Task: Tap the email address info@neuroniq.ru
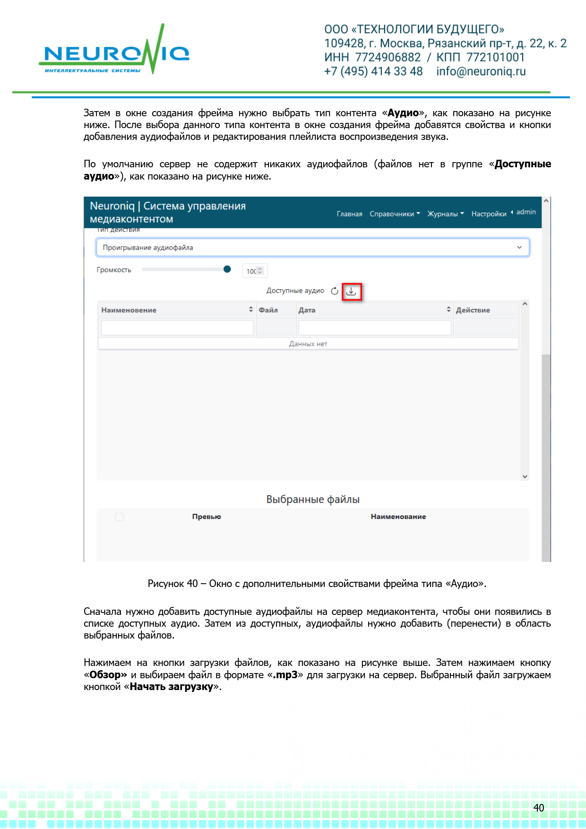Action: coord(481,71)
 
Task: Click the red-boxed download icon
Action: coord(351,292)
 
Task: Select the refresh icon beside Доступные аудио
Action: coord(335,291)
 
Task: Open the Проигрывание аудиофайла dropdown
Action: coord(312,248)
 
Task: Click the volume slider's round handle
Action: coord(227,269)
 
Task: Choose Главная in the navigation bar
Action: coord(349,214)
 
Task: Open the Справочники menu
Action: coord(395,214)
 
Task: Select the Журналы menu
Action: coord(445,214)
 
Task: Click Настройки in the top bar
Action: coord(489,214)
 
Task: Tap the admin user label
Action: coord(526,212)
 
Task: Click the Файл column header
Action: coord(268,310)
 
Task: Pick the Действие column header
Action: coord(473,310)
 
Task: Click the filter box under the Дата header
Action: coord(374,328)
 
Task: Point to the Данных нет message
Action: coord(308,344)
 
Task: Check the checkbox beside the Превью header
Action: coord(119,517)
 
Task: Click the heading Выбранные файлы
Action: coord(313,500)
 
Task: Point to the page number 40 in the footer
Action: coord(539,808)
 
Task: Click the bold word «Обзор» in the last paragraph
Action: coord(105,675)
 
